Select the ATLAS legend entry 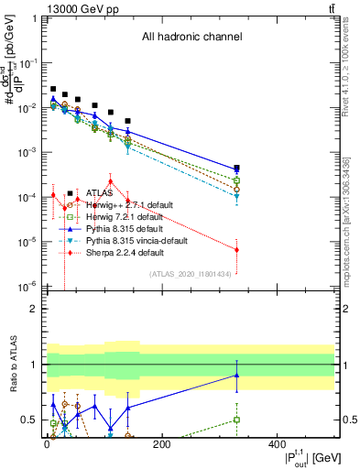(101, 193)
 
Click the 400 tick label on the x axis (277, 445)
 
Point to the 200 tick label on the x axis (161, 445)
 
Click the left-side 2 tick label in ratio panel (33, 309)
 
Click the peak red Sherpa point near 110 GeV (110, 180)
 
